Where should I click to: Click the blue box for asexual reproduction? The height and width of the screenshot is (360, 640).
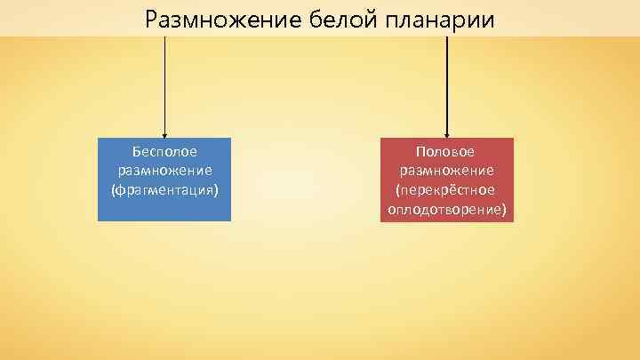(164, 179)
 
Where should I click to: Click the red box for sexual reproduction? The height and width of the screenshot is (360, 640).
(446, 179)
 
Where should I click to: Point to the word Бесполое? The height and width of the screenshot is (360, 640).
(164, 152)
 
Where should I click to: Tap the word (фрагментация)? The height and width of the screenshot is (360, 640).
(164, 190)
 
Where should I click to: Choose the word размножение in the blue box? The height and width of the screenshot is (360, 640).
(164, 171)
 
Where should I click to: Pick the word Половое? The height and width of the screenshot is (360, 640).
(446, 152)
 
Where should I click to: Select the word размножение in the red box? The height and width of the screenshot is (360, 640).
(446, 171)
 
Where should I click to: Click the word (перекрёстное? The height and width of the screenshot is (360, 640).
(446, 190)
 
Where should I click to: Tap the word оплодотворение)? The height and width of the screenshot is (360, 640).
(446, 210)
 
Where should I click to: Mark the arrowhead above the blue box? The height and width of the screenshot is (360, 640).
(164, 133)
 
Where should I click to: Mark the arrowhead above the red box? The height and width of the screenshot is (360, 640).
(446, 133)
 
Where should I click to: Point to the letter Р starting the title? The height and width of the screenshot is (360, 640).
(151, 19)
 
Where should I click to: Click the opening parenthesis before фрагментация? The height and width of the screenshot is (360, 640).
(113, 190)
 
